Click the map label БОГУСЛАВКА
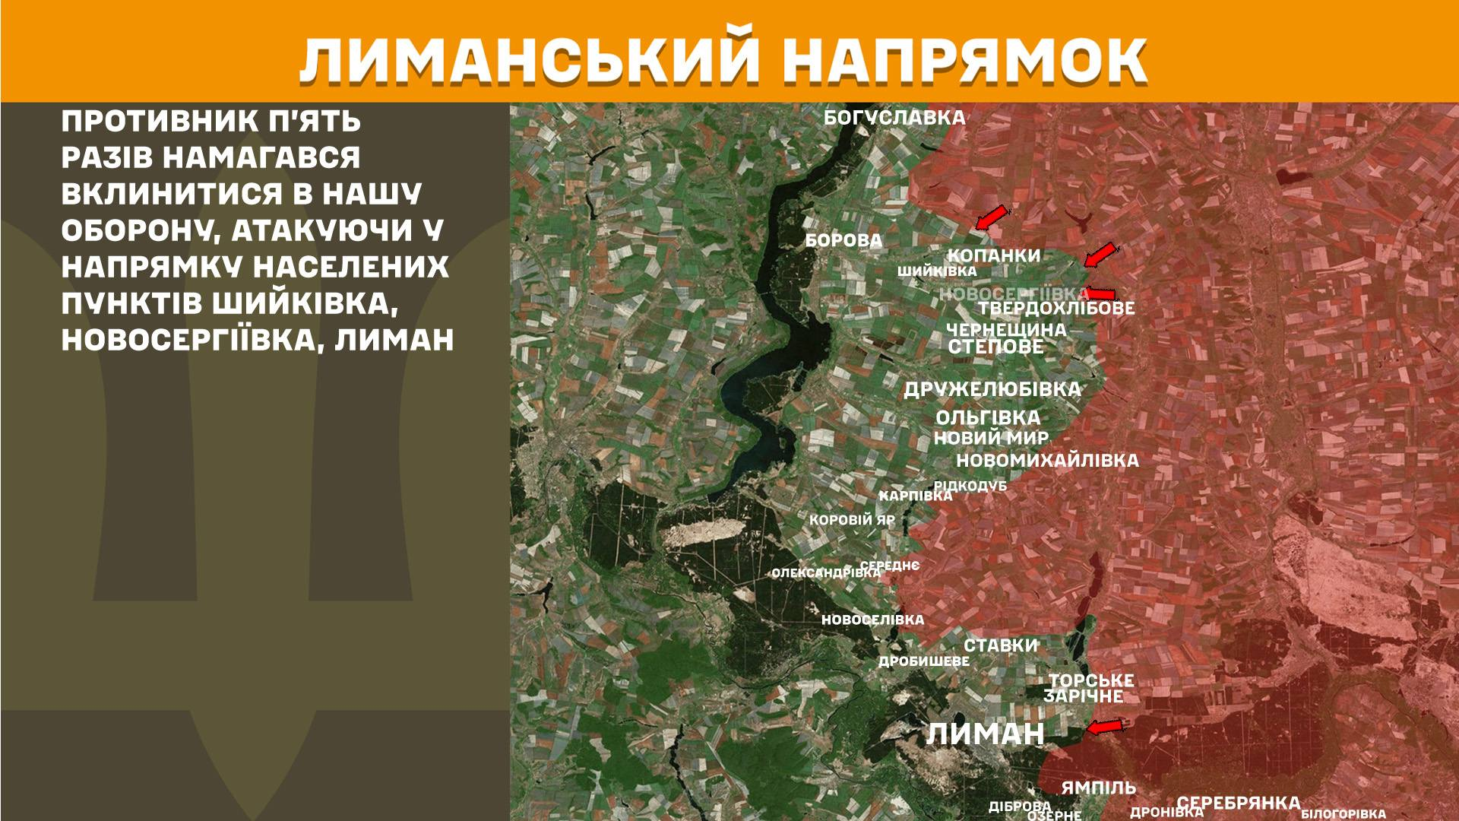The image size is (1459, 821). coord(894,118)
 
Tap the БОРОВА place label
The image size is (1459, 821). coord(843,241)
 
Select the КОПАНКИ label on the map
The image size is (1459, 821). coord(994,255)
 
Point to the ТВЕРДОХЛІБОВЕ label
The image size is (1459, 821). coord(1055,309)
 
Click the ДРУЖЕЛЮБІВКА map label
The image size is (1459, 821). coord(992,389)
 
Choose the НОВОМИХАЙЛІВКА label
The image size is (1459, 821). coord(1047,460)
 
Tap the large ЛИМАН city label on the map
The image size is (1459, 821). coord(986,734)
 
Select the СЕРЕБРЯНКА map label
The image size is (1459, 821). coord(1239,803)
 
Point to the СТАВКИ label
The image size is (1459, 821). coord(1000,645)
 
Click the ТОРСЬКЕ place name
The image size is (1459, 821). coord(1091,680)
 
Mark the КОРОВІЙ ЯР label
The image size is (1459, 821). coord(852,521)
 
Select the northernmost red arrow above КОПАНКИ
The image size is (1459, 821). coord(993,217)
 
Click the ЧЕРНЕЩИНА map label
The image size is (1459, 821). coord(1006,331)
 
